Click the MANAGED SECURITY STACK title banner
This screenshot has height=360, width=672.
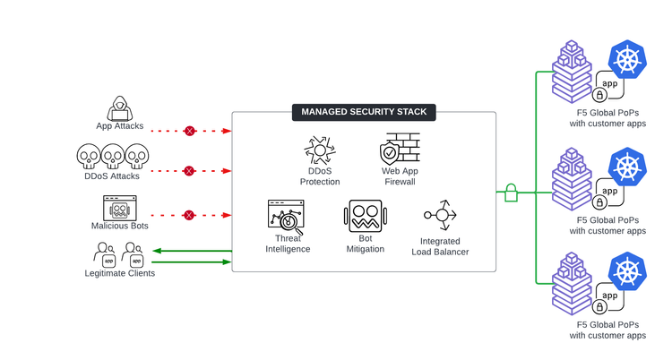tap(364, 112)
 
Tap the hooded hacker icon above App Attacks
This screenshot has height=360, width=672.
tap(119, 108)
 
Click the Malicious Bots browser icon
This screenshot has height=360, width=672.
tap(119, 209)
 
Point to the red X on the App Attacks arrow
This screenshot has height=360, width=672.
tap(189, 131)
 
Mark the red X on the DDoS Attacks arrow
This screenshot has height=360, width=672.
tap(189, 170)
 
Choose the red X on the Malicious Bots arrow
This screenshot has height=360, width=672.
tap(189, 215)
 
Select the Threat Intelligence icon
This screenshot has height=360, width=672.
tap(287, 217)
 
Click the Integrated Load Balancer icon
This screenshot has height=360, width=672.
tap(442, 215)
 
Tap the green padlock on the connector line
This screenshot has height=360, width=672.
tap(512, 191)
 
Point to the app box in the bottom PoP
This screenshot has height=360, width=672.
tap(609, 296)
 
